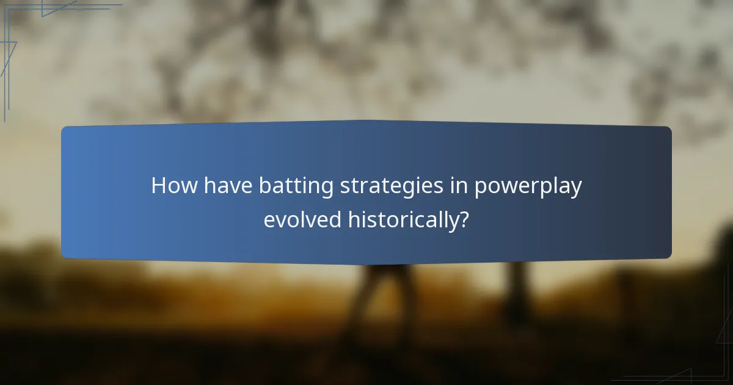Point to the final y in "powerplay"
(x=575, y=189)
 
